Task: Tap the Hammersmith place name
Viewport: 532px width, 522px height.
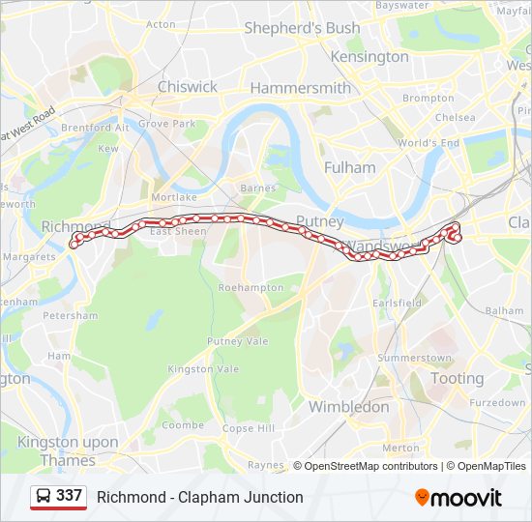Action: (x=300, y=88)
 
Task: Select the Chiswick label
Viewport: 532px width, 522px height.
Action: (x=188, y=87)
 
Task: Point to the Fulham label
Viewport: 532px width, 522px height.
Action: (x=349, y=167)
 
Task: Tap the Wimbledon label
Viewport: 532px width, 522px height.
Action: (x=348, y=407)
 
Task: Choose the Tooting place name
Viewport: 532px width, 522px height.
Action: (x=458, y=379)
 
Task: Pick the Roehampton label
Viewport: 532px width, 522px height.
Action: (x=251, y=287)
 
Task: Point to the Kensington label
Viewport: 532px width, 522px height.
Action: (x=369, y=56)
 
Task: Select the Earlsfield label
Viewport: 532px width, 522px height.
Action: (x=398, y=303)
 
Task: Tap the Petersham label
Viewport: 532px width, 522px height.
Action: (x=71, y=315)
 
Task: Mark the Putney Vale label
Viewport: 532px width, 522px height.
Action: (x=237, y=341)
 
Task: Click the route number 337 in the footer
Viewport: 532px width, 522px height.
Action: (x=69, y=496)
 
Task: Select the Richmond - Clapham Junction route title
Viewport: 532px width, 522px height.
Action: (x=199, y=497)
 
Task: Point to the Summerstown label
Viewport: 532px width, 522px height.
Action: (x=414, y=358)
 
